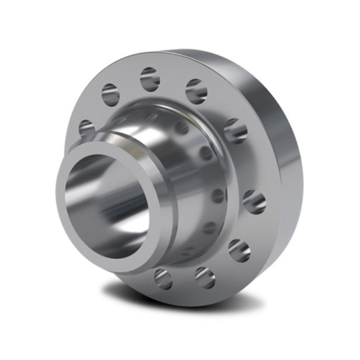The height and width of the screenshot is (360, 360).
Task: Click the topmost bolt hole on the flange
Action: pyautogui.click(x=150, y=79)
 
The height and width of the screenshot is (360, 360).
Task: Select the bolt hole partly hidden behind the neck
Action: pyautogui.click(x=86, y=128)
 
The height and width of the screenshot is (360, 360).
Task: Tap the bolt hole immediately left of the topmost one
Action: pyautogui.click(x=110, y=95)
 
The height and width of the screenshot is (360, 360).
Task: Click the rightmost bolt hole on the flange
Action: pyautogui.click(x=254, y=201)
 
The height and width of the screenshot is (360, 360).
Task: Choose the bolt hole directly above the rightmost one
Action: pyautogui.click(x=235, y=131)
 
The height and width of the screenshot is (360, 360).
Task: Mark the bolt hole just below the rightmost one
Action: pyautogui.click(x=240, y=250)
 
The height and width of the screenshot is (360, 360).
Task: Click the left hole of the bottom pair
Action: pyautogui.click(x=163, y=278)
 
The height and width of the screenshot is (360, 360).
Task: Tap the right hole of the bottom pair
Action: pyautogui.click(x=205, y=277)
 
